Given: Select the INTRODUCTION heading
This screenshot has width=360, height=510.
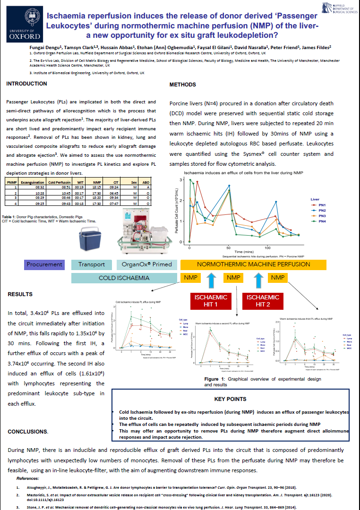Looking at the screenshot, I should tap(26, 84).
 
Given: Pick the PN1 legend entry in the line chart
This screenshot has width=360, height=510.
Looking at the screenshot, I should tap(322, 205).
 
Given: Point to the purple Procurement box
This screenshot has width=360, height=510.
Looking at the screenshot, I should tap(44, 264).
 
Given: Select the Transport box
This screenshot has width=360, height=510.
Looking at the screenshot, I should tap(92, 264).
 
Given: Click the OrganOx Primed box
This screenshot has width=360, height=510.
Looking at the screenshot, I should tap(146, 264).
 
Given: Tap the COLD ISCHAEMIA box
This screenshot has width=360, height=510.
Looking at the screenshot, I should tap(124, 278).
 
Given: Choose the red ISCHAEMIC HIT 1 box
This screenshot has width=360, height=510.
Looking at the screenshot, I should tap(211, 301).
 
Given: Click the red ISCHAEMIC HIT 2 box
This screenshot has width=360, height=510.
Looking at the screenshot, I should tap(263, 301).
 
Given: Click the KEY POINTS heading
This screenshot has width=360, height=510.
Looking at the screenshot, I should tap(230, 399).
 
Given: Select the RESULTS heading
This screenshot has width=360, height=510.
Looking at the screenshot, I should tap(20, 294).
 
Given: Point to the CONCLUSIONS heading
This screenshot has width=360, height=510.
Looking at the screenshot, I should tap(27, 432).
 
